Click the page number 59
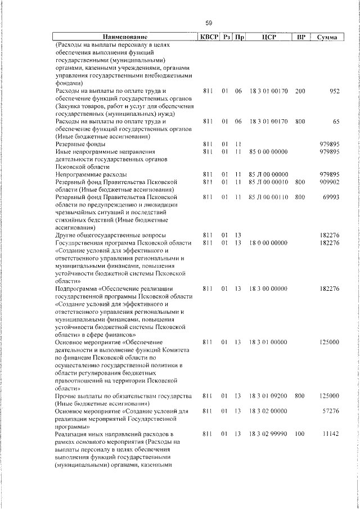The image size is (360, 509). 208,23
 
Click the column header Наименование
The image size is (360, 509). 124,37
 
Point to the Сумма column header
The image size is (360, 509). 326,37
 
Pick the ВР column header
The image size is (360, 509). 300,37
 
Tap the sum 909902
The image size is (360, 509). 329,182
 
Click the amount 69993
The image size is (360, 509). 330,197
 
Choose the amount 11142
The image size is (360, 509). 330,434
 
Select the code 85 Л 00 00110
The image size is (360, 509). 268,197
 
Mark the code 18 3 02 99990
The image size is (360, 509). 268,434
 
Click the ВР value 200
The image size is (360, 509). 300,90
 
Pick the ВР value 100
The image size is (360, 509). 300,434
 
